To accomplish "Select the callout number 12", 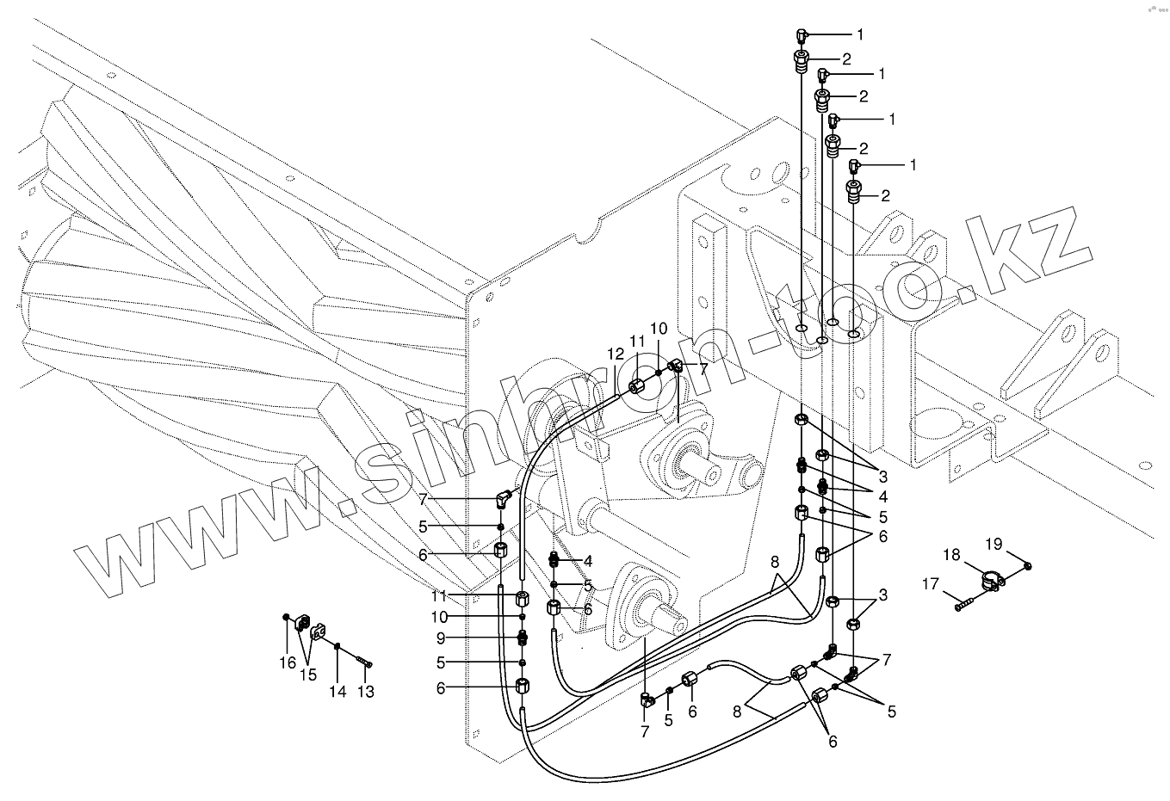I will pos(614,354).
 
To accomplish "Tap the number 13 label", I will pos(366,691).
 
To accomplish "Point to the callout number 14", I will pos(338,691).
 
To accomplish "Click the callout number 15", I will pos(307,675).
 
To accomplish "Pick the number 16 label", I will pos(287,662).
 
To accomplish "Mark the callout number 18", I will pos(950,556).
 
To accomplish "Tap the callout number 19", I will pos(994,544).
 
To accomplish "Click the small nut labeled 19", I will pos(1029,565).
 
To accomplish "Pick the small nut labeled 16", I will pos(286,617).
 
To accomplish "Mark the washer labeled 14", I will pos(339,646).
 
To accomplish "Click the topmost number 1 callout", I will pos(859,34).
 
